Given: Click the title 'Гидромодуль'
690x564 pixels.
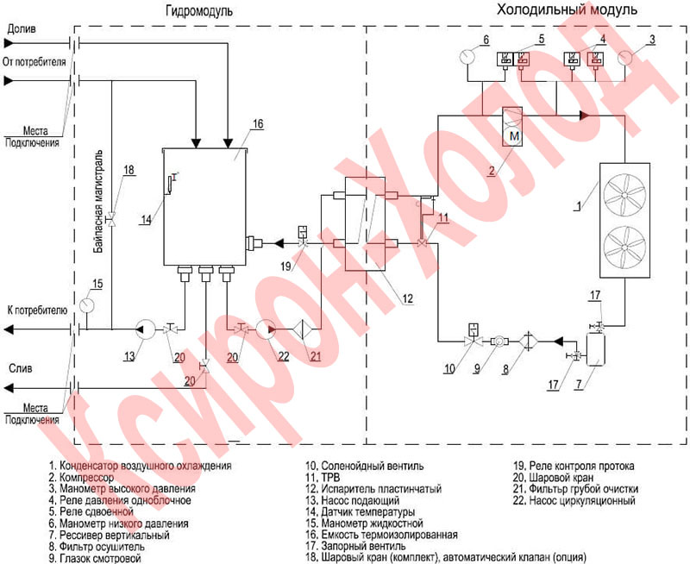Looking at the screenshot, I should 197,10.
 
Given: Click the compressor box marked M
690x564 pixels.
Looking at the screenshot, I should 513,129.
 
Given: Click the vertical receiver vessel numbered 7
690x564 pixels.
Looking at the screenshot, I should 594,347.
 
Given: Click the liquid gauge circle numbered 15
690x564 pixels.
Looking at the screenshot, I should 86,305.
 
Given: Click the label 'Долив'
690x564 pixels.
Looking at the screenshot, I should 21,29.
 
